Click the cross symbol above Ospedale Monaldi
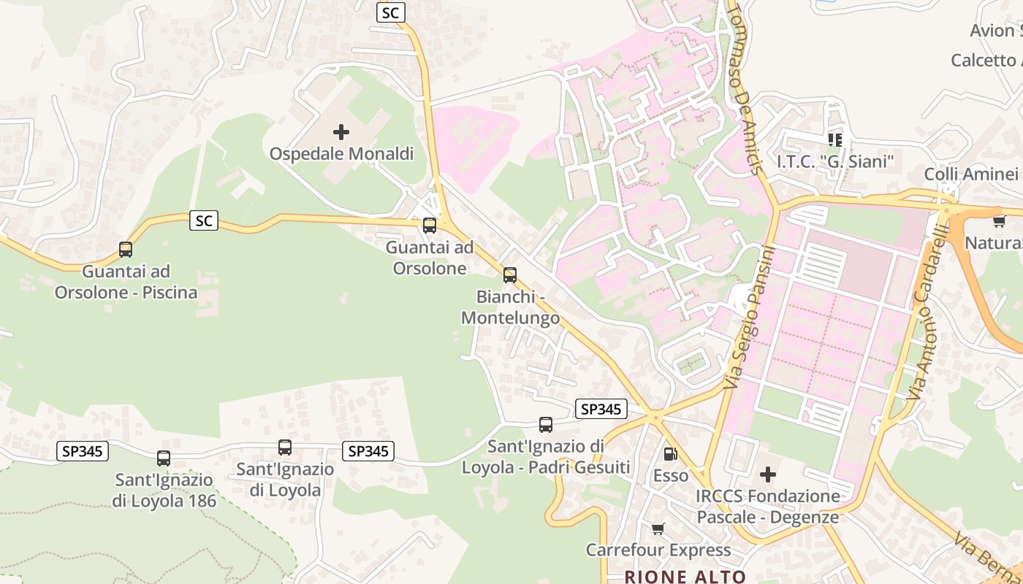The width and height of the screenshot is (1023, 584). click(x=341, y=132)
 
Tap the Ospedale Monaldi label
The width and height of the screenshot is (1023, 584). click(x=341, y=154)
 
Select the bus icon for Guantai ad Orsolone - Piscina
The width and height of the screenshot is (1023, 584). click(x=126, y=250)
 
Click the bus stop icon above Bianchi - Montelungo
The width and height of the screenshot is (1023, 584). click(x=510, y=275)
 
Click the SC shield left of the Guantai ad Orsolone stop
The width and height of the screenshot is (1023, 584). click(x=204, y=220)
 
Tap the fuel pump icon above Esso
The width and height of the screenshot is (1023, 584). click(x=670, y=454)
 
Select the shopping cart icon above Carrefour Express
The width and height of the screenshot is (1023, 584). click(x=658, y=529)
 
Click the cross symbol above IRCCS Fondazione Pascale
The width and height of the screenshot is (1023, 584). click(x=767, y=475)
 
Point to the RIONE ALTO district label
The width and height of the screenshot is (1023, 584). click(x=685, y=577)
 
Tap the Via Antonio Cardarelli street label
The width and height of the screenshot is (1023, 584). click(x=929, y=323)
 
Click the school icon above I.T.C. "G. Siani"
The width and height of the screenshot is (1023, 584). click(x=835, y=139)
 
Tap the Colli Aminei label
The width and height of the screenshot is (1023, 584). click(x=970, y=174)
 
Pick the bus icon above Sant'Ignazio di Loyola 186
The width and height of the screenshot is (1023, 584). click(x=164, y=458)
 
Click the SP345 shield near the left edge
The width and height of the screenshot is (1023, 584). click(x=83, y=452)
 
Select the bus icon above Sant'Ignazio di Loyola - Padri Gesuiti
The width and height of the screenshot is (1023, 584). click(x=545, y=425)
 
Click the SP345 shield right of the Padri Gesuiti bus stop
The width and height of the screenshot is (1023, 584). click(x=601, y=410)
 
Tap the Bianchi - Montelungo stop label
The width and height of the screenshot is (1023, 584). click(x=510, y=307)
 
